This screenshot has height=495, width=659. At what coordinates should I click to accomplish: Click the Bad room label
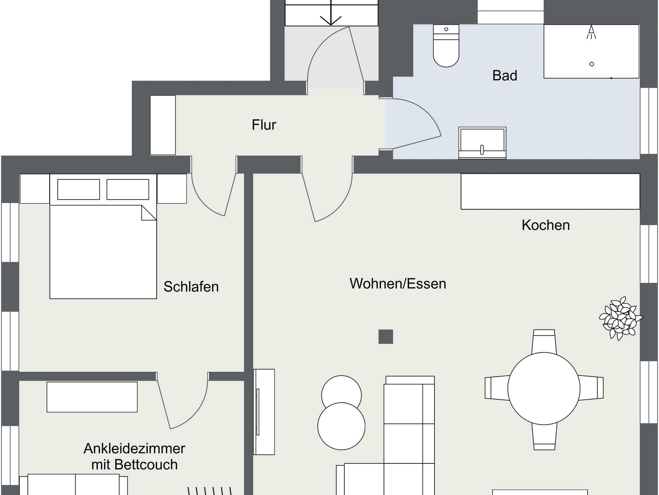[505, 76]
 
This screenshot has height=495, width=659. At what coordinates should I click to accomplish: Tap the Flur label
[264, 125]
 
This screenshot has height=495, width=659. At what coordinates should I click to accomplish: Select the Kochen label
[546, 225]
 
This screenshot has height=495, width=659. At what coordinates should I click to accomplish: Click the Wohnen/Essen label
[398, 284]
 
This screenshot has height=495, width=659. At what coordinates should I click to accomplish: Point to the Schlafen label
[191, 287]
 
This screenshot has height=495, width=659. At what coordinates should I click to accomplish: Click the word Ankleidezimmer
[135, 449]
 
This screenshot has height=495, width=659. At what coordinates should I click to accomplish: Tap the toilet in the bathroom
[446, 46]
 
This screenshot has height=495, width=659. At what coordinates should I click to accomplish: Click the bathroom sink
[482, 143]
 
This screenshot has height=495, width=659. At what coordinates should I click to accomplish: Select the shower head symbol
[591, 32]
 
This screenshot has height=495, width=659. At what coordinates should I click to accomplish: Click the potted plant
[620, 318]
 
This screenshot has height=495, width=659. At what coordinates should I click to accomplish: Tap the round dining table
[544, 388]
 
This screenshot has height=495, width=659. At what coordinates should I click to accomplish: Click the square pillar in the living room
[386, 337]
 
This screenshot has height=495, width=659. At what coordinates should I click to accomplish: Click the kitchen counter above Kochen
[550, 191]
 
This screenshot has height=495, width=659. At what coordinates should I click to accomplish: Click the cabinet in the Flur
[163, 125]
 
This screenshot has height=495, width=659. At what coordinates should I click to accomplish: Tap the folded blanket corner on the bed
[149, 213]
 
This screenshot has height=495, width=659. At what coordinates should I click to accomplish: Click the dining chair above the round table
[544, 342]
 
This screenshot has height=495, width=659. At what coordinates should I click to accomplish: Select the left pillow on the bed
[79, 190]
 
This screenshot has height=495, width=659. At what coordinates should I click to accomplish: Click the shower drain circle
[591, 64]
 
